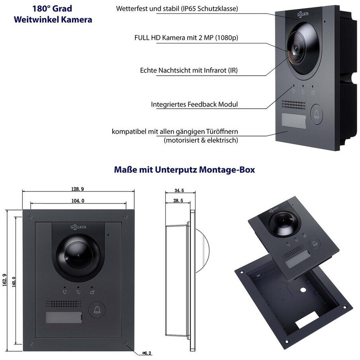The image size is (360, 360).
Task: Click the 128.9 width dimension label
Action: pos(78,189)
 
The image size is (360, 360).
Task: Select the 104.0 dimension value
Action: pos(78,201)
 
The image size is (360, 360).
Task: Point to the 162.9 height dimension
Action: pos(5,280)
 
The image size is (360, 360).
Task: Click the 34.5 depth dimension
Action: pos(179,191)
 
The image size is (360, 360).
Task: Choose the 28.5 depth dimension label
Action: pos(178,201)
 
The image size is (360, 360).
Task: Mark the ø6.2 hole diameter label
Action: pos(147,353)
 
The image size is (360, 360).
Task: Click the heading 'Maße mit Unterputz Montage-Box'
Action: pos(184,170)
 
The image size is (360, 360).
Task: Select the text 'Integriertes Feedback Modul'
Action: pos(194,104)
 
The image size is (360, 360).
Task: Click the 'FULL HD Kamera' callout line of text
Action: pos(186,38)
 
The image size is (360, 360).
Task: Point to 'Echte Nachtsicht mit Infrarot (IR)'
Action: pos(189,70)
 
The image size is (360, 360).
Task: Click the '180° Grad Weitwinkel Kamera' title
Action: pos(53,14)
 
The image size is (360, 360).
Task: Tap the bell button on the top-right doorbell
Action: pos(317,114)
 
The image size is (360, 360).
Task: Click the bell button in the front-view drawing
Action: pos(97,310)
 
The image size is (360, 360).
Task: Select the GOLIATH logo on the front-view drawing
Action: pos(78,227)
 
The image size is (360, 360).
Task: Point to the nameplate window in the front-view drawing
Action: pos(64,317)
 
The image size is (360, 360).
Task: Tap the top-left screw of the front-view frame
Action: pos(31,217)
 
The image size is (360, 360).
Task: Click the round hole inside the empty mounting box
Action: pos(303,290)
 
